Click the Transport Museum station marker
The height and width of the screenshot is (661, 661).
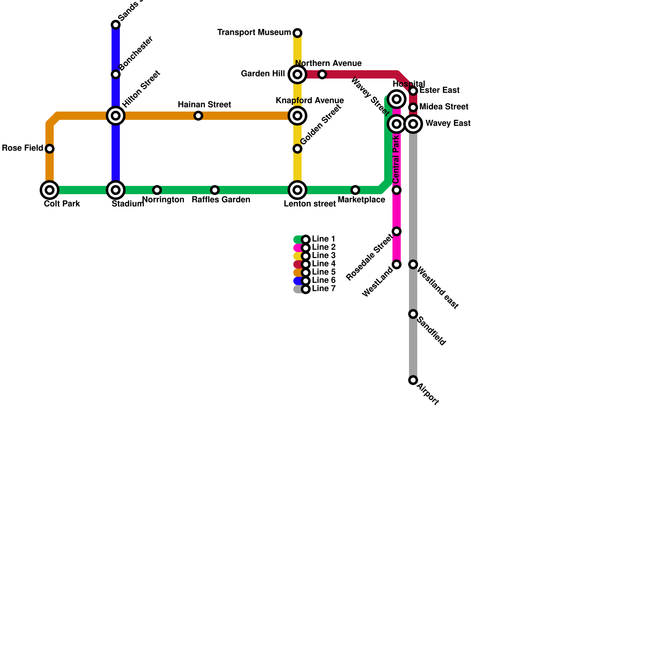pos(297,33)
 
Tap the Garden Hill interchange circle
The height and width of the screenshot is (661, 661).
pos(297,74)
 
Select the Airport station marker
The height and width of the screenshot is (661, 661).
pos(413,380)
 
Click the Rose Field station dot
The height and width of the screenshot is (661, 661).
pos(50,149)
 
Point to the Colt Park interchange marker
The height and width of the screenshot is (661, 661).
pos(50,190)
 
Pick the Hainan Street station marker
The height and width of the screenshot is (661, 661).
pos(198,116)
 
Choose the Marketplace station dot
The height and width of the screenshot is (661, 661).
pos(355,190)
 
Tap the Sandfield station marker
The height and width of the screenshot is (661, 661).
pos(413,314)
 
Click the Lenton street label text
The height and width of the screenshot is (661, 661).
pos(310,204)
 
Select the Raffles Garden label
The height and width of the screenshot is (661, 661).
pos(221,200)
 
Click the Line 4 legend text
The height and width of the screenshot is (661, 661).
pos(323,264)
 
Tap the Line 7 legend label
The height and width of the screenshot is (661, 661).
pos(323,289)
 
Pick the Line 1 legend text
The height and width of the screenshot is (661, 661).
pos(323,239)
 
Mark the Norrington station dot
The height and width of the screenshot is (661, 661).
pos(157,190)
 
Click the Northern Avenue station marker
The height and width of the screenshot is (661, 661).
pos(322,74)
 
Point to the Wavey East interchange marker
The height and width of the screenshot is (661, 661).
pos(413,124)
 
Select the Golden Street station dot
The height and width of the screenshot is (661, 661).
pos(297,149)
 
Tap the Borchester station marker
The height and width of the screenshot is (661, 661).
pos(116,74)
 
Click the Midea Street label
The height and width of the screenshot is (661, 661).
pos(444,107)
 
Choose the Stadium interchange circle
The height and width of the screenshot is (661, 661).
pos(116,190)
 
